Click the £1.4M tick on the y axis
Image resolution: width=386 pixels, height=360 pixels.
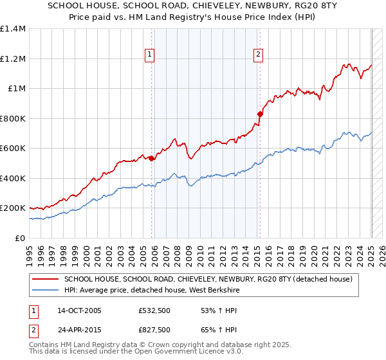coord(13,29)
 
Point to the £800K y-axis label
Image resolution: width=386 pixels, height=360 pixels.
coord(13,118)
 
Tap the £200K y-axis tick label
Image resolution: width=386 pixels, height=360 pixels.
coord(13,208)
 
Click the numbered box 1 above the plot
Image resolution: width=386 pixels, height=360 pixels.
coord(149,55)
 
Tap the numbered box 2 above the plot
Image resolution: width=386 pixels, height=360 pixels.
coord(258,55)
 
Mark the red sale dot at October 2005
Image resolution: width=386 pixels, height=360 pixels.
coord(152,158)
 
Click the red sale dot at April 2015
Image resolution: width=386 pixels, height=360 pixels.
coord(260,114)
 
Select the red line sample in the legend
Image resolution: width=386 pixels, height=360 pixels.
coord(44,280)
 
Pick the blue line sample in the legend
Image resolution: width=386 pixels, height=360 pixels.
coord(44,290)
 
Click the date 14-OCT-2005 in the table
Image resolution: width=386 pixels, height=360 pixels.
coord(79,310)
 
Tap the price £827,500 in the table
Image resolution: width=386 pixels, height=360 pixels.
coord(154,330)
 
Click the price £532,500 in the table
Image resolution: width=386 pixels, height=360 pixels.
coord(154,310)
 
